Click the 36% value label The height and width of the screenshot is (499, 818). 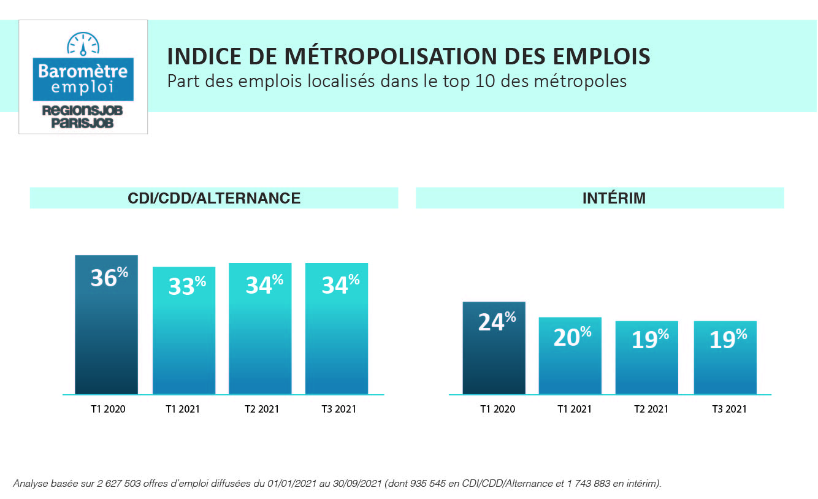109,278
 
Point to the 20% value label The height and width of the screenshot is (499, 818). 572,336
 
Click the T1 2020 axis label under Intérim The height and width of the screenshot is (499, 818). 497,409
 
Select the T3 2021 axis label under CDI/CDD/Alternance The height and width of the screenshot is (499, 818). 338,409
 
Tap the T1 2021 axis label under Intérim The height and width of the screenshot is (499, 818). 575,409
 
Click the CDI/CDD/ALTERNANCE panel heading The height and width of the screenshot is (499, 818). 214,198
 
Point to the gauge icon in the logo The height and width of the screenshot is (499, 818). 83,44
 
